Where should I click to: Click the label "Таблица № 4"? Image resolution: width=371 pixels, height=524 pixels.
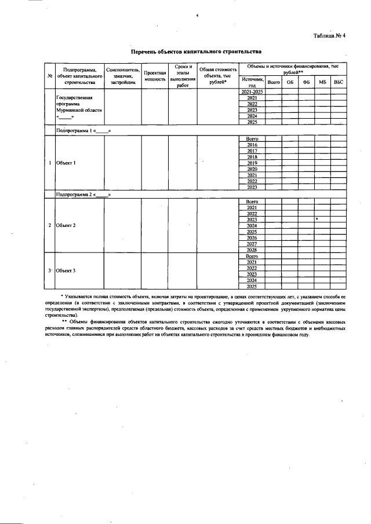(329, 36)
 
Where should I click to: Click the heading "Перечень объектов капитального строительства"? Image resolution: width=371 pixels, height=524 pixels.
(197, 52)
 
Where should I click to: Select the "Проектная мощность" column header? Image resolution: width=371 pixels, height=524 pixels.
(155, 76)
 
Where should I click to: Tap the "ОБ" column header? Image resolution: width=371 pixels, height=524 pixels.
(290, 82)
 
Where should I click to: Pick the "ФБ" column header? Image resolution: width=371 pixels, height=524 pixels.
(306, 82)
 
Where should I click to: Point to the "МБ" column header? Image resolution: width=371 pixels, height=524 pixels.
(322, 82)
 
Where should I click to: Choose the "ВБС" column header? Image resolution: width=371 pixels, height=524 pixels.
(339, 82)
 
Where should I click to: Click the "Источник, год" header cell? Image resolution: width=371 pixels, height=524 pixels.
(252, 82)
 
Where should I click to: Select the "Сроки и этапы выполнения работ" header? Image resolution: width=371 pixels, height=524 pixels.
(183, 76)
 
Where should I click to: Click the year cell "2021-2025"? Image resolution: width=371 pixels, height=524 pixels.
(252, 92)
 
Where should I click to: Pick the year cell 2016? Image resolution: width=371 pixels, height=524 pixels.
(252, 145)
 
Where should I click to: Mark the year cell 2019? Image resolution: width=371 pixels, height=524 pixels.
(252, 163)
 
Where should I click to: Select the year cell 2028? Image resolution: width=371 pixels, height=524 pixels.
(252, 250)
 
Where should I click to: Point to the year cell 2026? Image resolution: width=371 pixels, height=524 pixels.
(252, 237)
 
